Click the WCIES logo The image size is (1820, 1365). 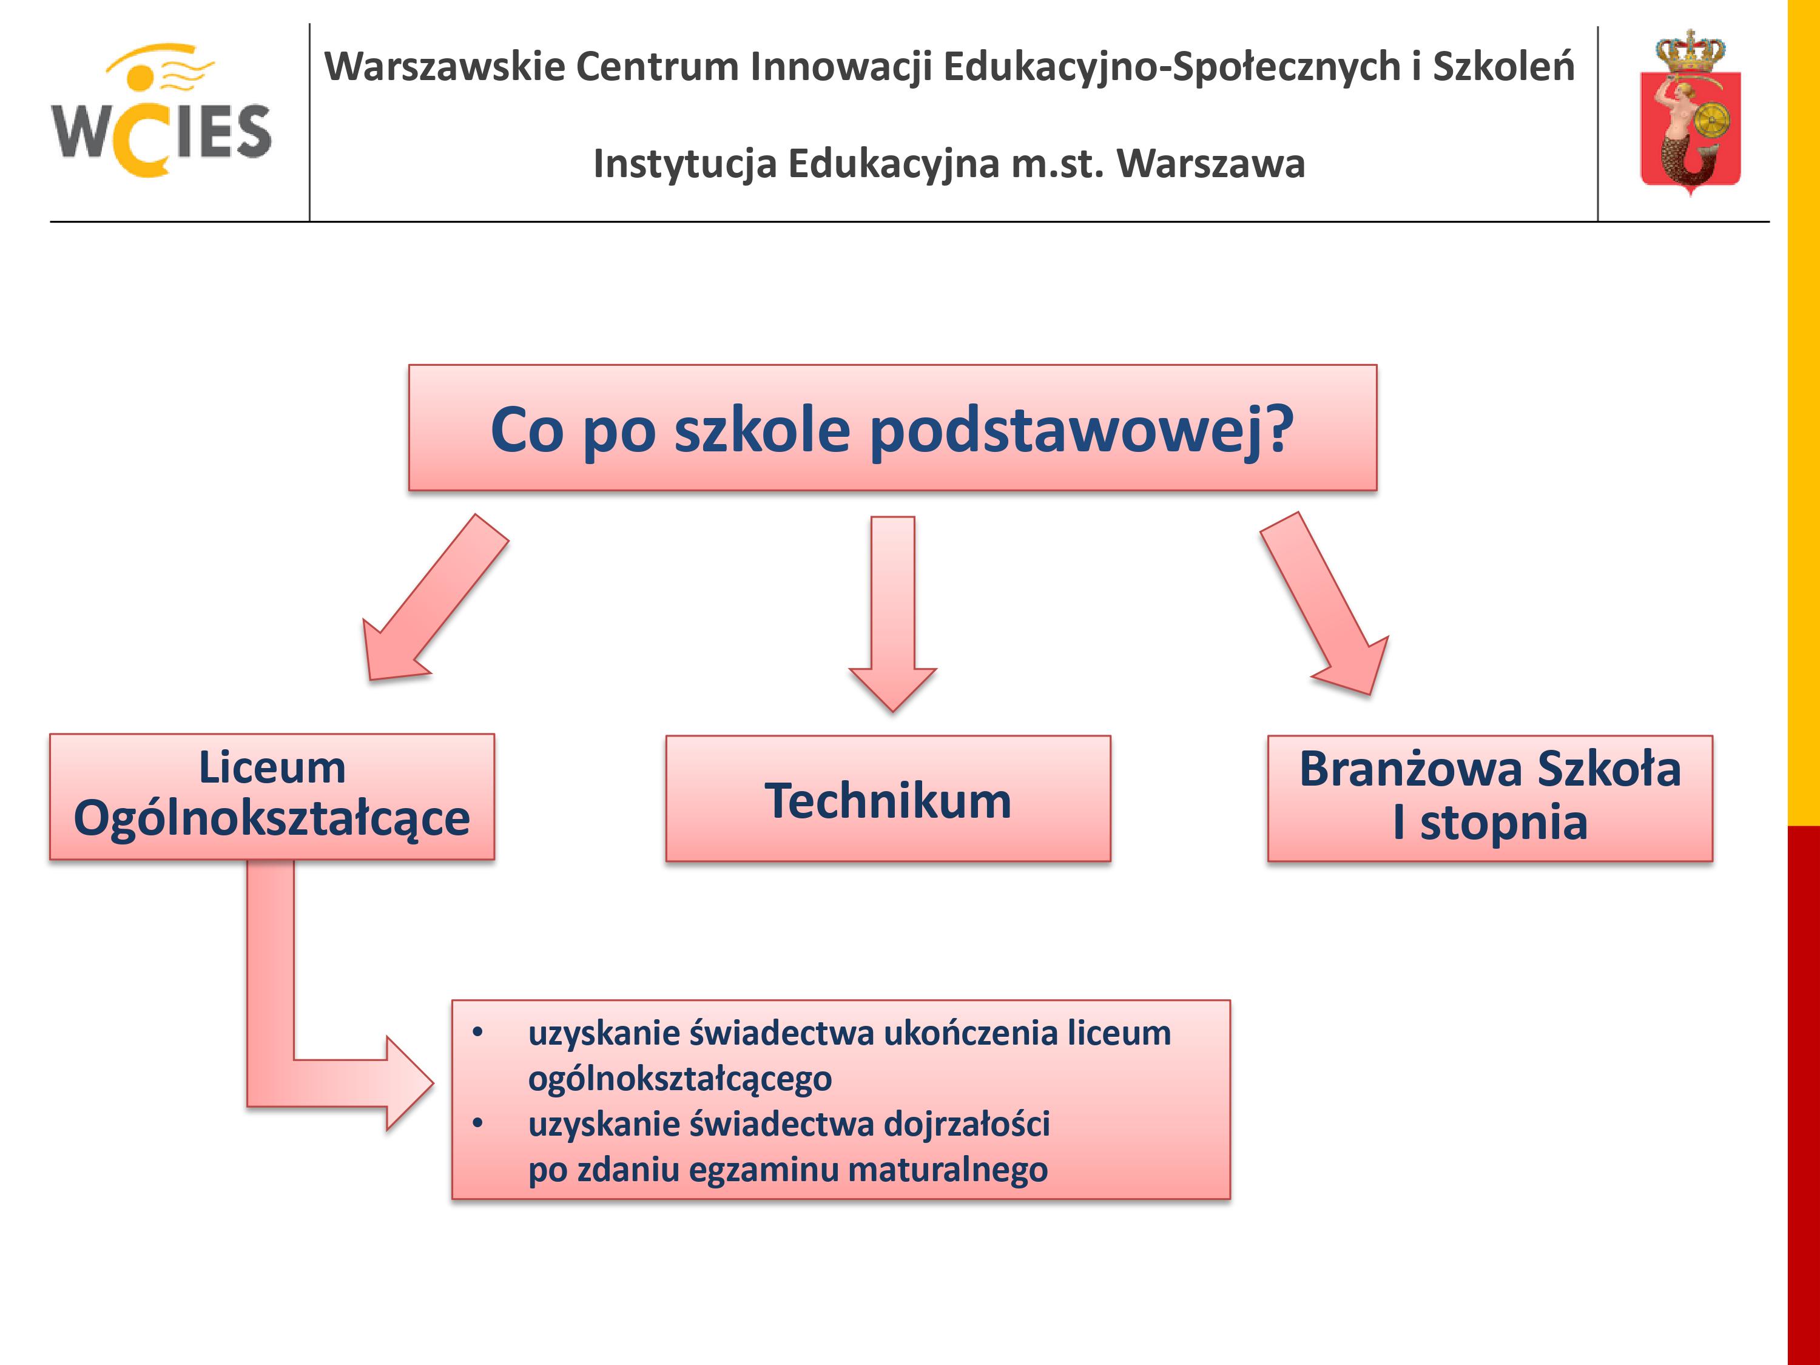[x=161, y=110]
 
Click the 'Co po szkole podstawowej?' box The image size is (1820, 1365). [x=893, y=428]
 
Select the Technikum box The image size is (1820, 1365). [x=888, y=799]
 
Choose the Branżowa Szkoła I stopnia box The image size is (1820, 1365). [x=1490, y=799]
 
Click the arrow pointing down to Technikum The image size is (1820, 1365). [x=893, y=613]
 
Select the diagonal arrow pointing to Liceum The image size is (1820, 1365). [x=436, y=598]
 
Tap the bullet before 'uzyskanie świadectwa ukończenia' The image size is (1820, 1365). [x=478, y=1033]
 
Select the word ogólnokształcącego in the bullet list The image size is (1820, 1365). [x=679, y=1079]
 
